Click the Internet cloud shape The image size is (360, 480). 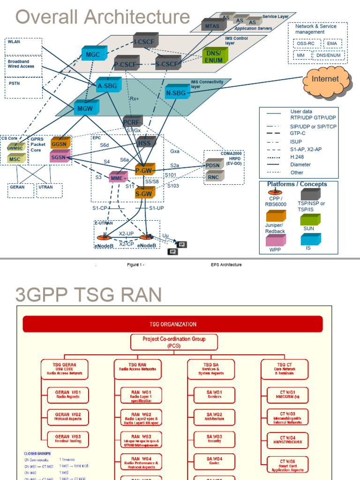325,79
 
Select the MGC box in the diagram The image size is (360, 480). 93,54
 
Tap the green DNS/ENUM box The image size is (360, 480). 214,57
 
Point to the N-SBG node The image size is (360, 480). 176,93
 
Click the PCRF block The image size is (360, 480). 132,122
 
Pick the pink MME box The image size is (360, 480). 117,178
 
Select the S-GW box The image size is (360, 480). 143,193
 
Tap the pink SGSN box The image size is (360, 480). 59,157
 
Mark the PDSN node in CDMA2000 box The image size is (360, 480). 214,165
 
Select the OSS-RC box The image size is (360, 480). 307,44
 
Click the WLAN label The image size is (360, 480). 14,42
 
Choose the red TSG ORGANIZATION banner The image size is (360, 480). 173,324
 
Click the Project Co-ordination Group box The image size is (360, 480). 174,342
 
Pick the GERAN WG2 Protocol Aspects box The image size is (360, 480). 68,417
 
